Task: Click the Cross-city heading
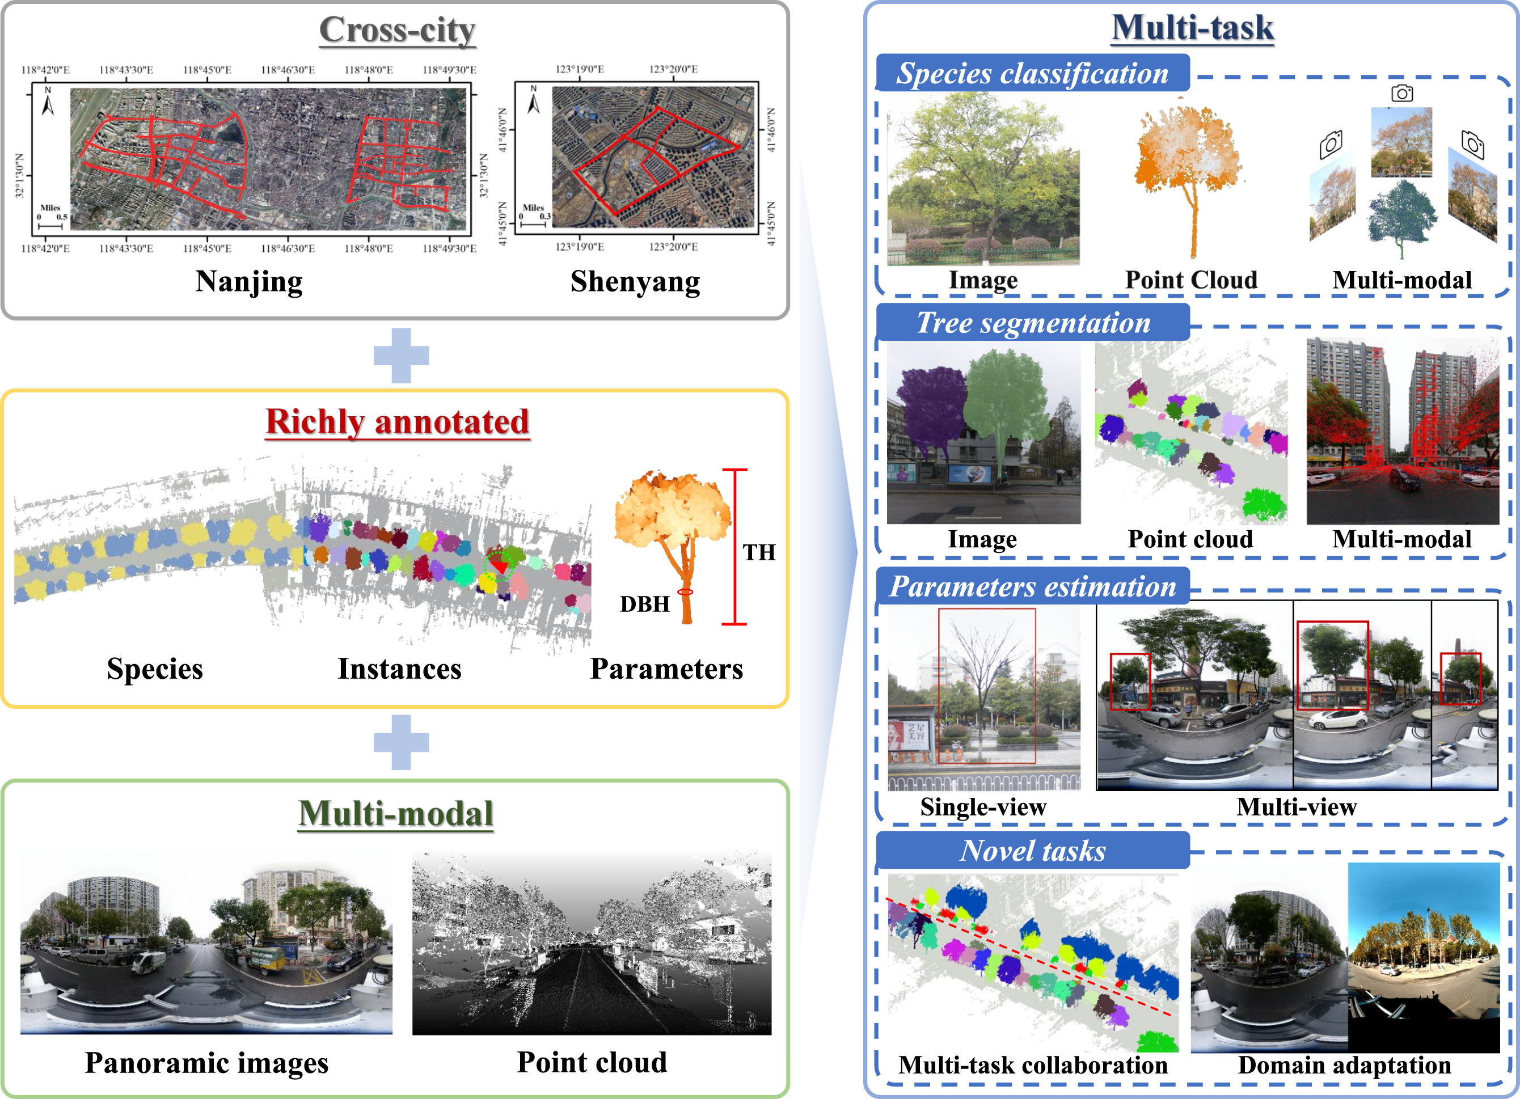point(397,30)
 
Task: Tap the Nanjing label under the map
point(248,281)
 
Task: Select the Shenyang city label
point(635,281)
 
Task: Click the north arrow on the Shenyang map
point(534,100)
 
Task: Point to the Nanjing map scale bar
point(52,222)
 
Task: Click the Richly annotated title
point(398,422)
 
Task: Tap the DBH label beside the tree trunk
point(644,604)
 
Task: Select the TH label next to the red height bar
point(759,552)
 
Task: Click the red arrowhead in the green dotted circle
point(499,567)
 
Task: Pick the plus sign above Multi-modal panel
point(401,742)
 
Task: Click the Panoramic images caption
point(206,1063)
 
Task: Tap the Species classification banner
point(1032,73)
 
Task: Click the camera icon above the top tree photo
point(1401,93)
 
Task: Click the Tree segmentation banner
point(1032,322)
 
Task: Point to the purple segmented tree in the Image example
point(930,409)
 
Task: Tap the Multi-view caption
point(1296,807)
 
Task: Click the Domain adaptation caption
point(1344,1065)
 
